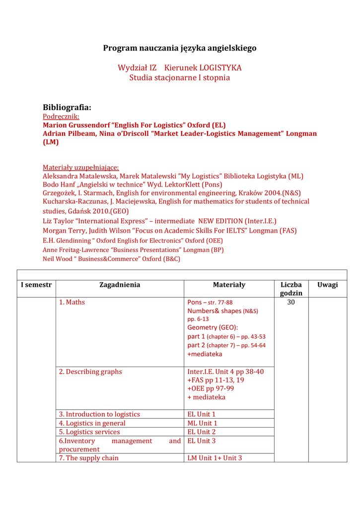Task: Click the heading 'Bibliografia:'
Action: [67, 107]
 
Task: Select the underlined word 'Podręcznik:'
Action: [61, 117]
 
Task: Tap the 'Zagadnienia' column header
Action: [120, 285]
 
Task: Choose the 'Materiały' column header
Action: [229, 285]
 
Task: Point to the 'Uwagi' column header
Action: [328, 285]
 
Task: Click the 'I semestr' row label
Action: [36, 285]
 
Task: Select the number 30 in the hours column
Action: [291, 302]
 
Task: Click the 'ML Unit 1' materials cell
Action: [203, 423]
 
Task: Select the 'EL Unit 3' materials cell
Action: [202, 441]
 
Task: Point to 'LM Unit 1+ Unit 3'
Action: [215, 458]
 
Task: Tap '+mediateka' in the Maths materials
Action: [205, 354]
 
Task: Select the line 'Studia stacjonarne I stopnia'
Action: [180, 78]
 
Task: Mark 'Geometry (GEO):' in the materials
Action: [213, 327]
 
